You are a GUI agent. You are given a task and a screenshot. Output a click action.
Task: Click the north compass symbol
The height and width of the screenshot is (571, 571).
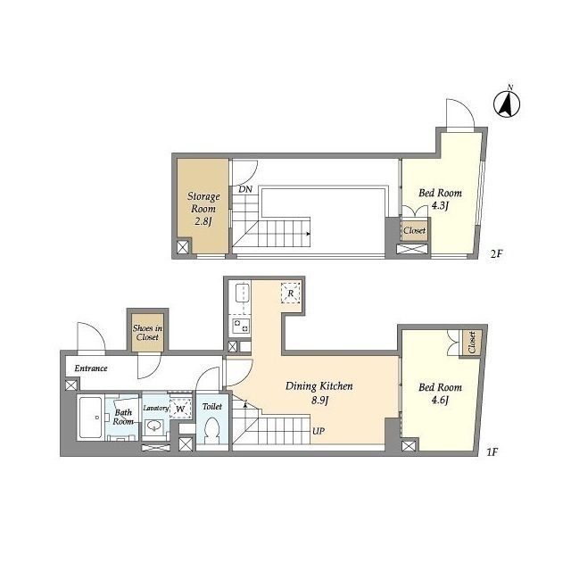pyautogui.click(x=507, y=103)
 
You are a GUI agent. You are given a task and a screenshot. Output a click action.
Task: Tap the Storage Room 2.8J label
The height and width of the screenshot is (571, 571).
pyautogui.click(x=203, y=209)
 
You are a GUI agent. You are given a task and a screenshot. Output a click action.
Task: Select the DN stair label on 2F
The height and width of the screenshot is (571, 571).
pyautogui.click(x=245, y=189)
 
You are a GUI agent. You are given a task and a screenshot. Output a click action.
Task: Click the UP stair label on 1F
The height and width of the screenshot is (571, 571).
pyautogui.click(x=319, y=431)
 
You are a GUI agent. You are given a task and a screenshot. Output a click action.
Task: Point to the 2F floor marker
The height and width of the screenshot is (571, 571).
pyautogui.click(x=496, y=253)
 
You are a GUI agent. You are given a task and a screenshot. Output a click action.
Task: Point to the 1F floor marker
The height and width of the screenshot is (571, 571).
pyautogui.click(x=492, y=452)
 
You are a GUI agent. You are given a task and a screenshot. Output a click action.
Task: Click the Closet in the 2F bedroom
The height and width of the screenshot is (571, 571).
pyautogui.click(x=414, y=230)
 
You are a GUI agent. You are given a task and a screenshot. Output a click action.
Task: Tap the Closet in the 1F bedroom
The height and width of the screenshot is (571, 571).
pyautogui.click(x=472, y=343)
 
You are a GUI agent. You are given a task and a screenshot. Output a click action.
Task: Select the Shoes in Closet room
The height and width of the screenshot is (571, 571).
pyautogui.click(x=147, y=333)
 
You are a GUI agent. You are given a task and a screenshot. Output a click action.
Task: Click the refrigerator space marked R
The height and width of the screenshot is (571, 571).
pyautogui.click(x=291, y=293)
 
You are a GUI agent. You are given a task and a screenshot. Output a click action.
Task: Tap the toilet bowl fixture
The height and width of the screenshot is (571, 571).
pyautogui.click(x=211, y=429)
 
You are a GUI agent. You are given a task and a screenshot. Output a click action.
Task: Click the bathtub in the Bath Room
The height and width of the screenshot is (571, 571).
pyautogui.click(x=91, y=418)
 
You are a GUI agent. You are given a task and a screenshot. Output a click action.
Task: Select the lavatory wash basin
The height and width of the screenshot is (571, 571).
pyautogui.click(x=154, y=426)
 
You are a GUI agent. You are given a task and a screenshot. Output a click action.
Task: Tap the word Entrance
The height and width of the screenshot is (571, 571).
pyautogui.click(x=91, y=368)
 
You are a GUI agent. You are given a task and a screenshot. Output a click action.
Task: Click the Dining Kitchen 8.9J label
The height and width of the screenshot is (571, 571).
pyautogui.click(x=319, y=393)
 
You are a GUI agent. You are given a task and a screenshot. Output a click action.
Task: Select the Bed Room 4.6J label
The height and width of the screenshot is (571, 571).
pyautogui.click(x=440, y=393)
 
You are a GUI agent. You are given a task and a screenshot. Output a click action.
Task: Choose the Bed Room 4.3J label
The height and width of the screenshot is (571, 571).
pyautogui.click(x=440, y=199)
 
